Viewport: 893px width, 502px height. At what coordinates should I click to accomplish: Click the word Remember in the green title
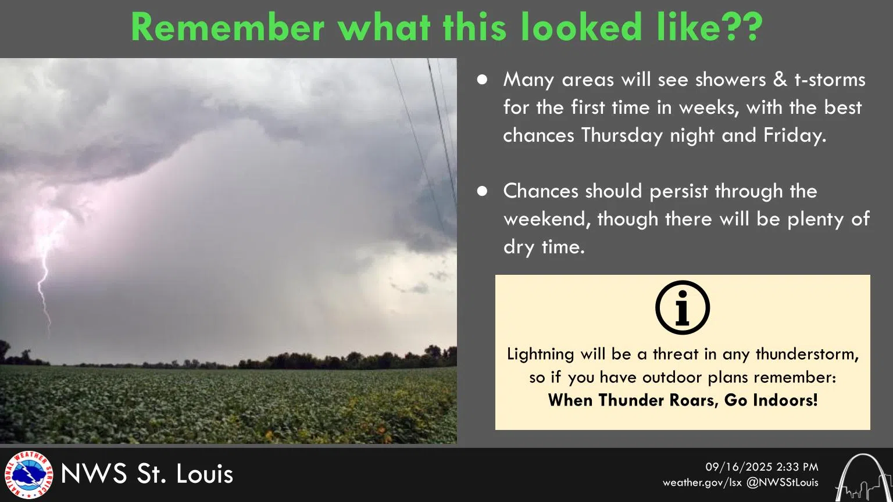tap(228, 27)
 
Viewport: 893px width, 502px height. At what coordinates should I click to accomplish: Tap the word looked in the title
tap(581, 27)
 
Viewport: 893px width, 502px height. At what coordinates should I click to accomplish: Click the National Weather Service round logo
tap(28, 475)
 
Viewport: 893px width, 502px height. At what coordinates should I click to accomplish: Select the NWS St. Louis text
tap(147, 474)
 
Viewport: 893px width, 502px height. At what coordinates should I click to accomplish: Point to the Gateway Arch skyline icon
tap(863, 477)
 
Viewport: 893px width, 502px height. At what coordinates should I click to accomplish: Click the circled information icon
tap(683, 307)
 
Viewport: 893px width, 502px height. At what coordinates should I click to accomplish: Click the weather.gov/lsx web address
tap(702, 482)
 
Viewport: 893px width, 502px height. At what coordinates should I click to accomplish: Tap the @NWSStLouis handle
tap(782, 482)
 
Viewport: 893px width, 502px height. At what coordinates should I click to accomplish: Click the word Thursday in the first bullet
tap(622, 135)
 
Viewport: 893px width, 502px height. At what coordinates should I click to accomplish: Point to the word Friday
tap(795, 135)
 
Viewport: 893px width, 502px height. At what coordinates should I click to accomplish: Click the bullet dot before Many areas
tap(482, 80)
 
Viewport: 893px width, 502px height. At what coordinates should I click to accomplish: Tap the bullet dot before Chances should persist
tap(482, 191)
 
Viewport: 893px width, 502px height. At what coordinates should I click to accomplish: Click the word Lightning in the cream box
tap(540, 354)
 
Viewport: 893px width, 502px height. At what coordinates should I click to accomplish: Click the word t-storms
tap(830, 80)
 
